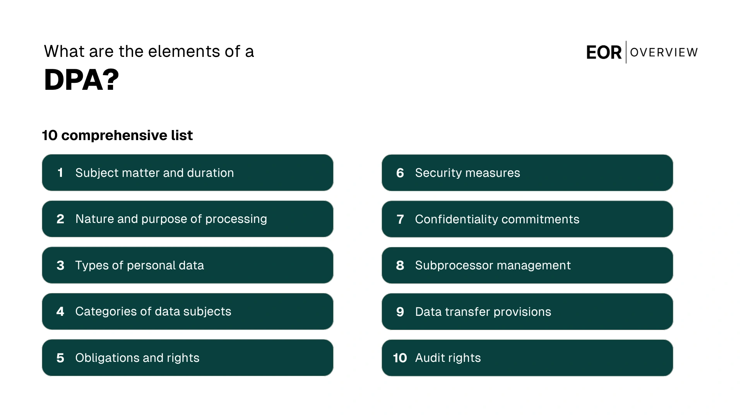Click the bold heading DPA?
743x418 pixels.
click(x=81, y=80)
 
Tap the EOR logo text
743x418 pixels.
click(x=603, y=53)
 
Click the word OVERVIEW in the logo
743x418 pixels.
click(x=664, y=52)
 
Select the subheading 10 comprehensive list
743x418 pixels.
click(x=117, y=135)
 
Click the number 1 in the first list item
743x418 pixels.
click(x=60, y=173)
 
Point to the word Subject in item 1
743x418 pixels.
click(x=97, y=173)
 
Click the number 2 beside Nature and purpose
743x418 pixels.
click(x=60, y=219)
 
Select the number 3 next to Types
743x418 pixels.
click(x=60, y=266)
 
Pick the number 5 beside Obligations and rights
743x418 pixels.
click(x=60, y=358)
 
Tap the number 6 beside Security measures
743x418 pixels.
click(x=400, y=173)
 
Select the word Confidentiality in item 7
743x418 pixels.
click(x=456, y=219)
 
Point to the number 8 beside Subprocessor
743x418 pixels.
click(x=400, y=266)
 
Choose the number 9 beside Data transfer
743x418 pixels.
click(x=400, y=312)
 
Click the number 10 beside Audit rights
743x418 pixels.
click(x=400, y=358)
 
